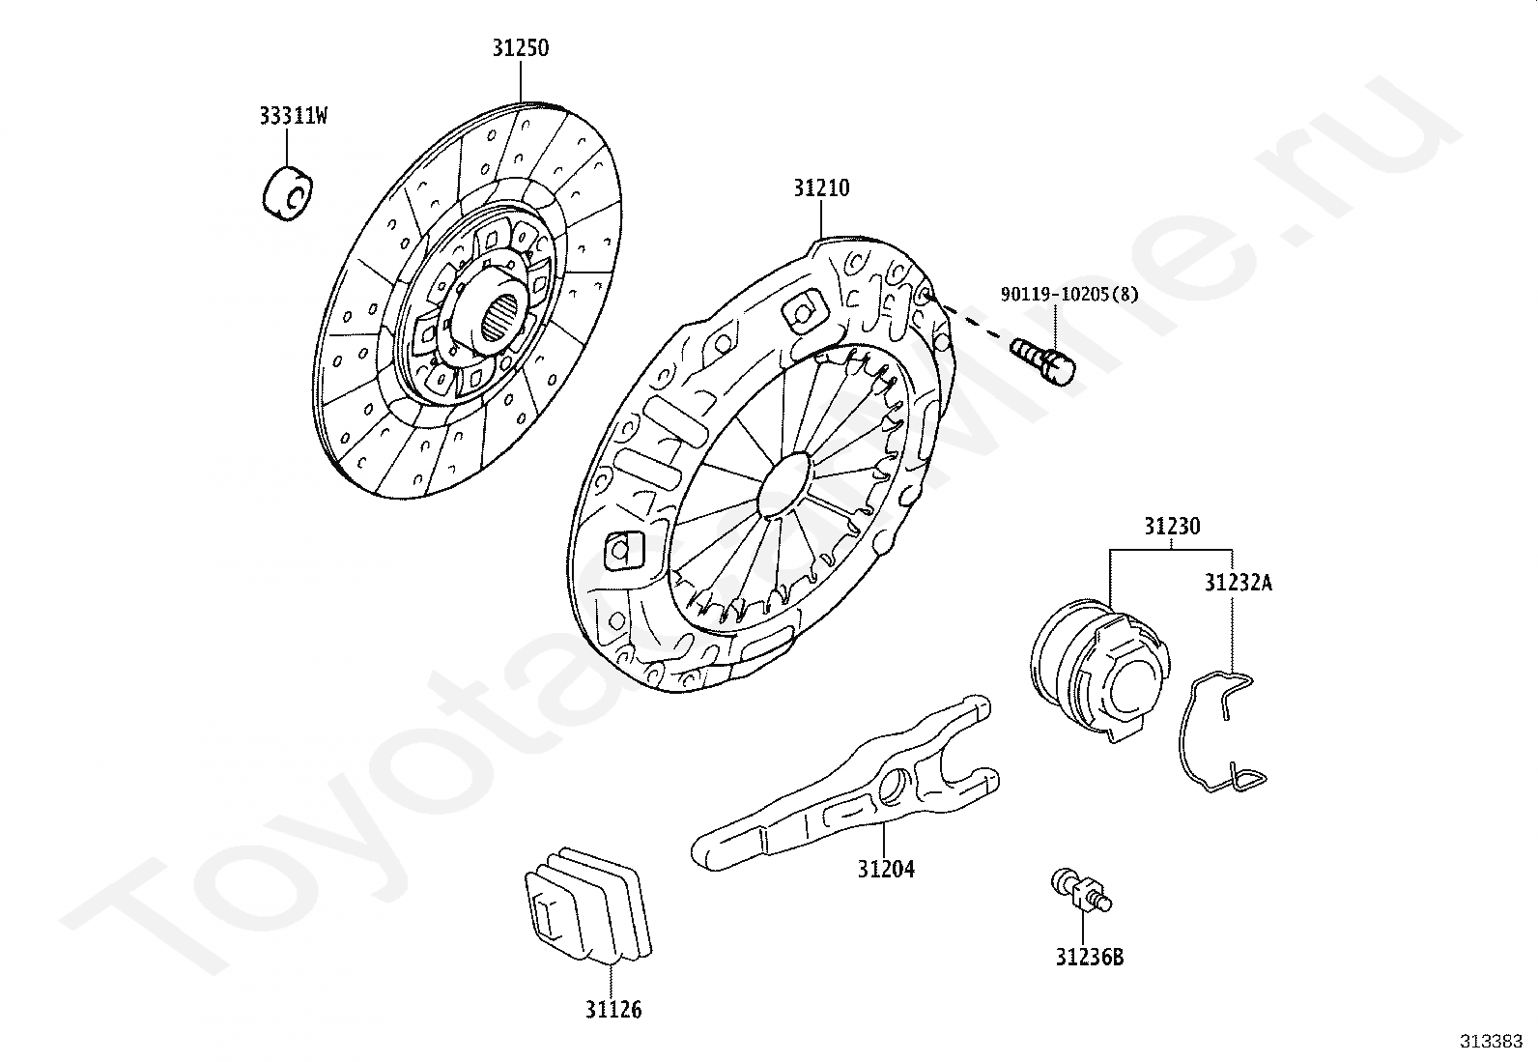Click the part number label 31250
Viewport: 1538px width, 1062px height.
[521, 47]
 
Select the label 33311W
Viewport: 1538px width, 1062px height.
[293, 117]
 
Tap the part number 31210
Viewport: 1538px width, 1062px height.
[821, 187]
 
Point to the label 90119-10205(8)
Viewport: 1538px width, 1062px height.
[1069, 294]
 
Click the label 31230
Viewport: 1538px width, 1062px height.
[1172, 527]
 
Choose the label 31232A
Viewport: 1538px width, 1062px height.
[1238, 583]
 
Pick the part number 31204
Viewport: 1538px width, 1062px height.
[886, 869]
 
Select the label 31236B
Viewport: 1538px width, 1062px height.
[1089, 957]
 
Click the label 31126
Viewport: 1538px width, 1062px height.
[612, 1010]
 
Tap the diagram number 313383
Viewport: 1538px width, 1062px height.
[1492, 1041]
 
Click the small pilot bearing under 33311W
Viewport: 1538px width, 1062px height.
[288, 192]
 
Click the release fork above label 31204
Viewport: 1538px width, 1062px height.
[850, 788]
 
